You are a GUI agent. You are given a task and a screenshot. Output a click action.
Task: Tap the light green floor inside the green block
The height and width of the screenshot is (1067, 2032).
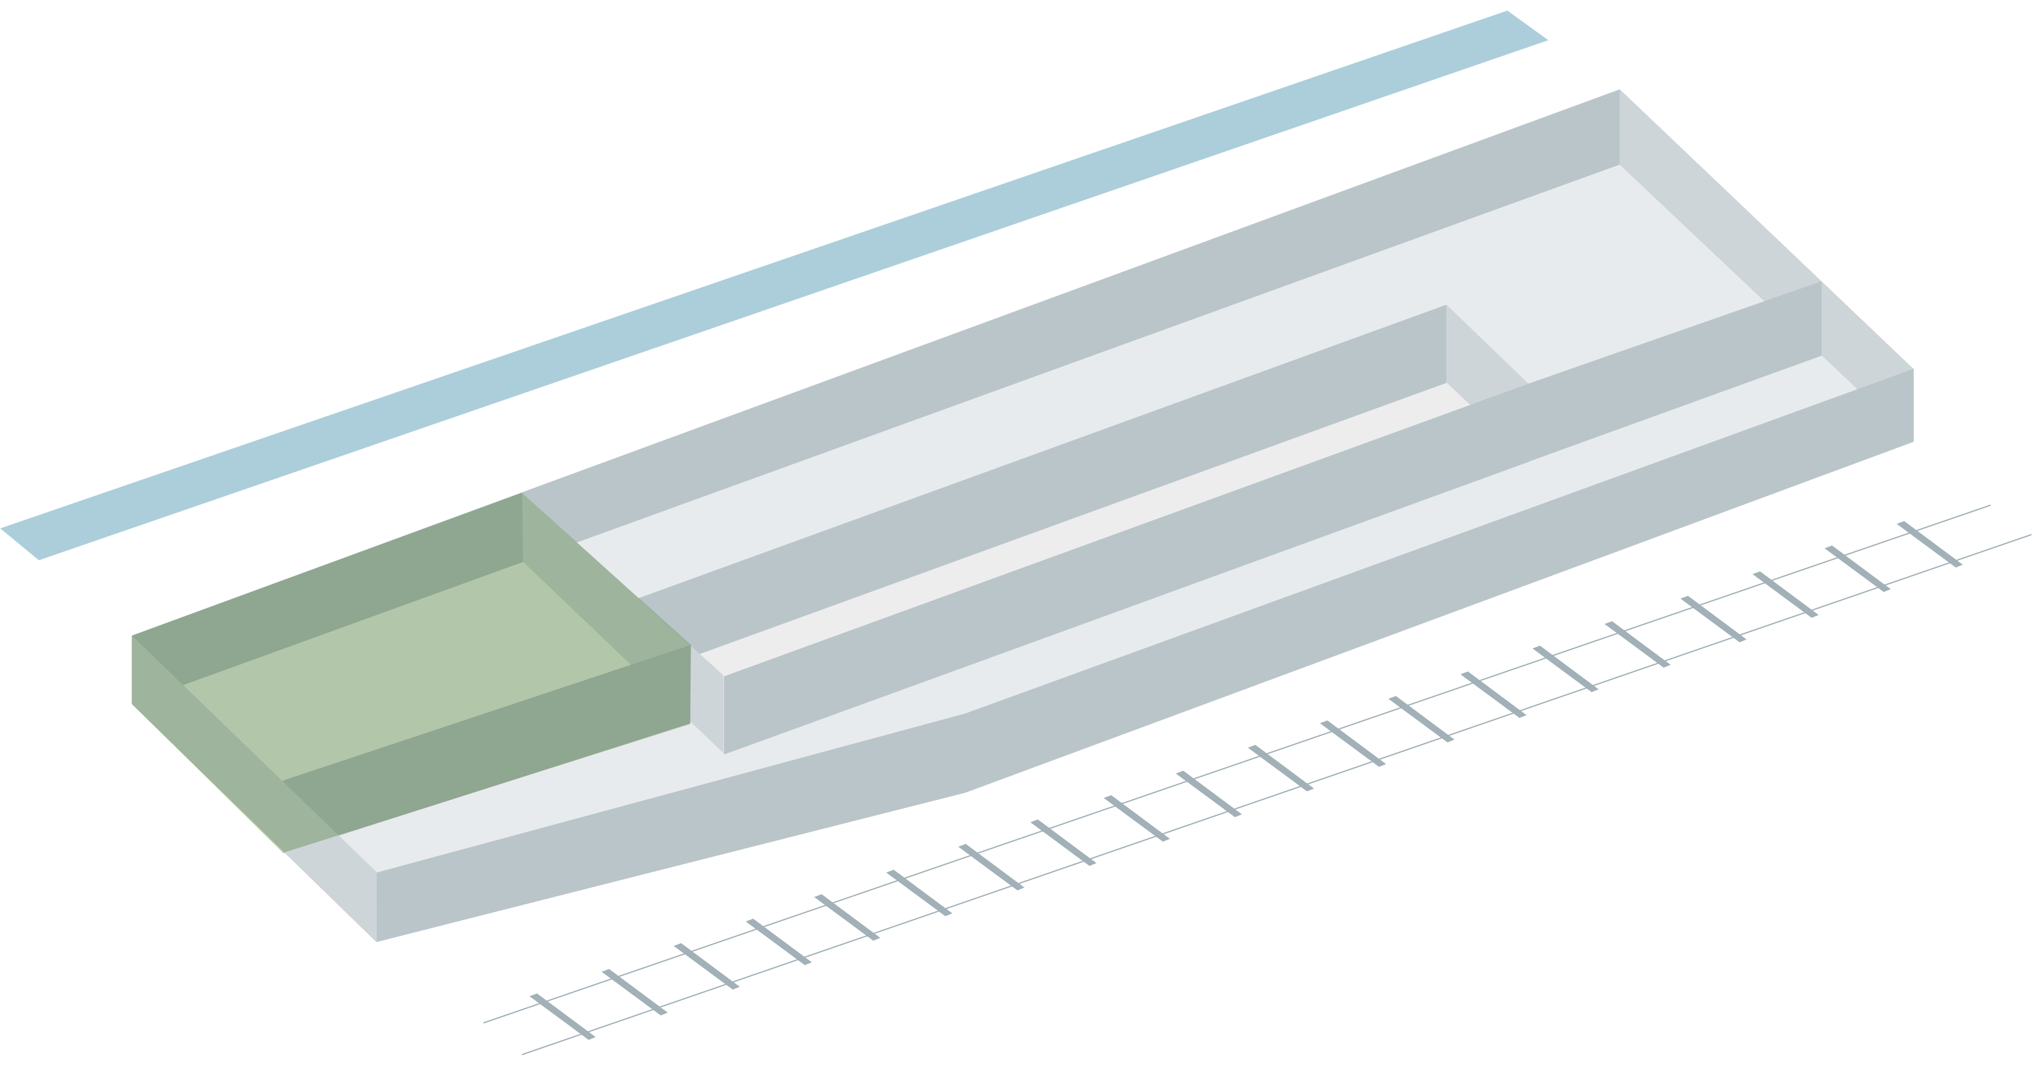click(410, 670)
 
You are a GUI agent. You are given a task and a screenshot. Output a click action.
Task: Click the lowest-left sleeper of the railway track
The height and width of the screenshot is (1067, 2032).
click(562, 1016)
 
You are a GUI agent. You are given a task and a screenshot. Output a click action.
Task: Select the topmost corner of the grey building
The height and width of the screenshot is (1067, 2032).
click(1619, 91)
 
